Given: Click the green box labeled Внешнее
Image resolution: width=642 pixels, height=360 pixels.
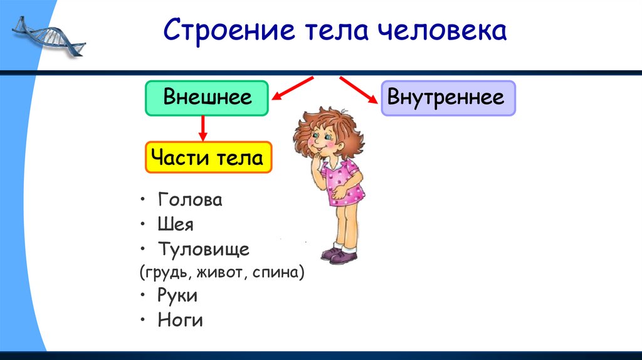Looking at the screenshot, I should (x=207, y=98).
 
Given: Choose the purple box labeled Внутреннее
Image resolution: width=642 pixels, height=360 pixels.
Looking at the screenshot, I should (x=448, y=98).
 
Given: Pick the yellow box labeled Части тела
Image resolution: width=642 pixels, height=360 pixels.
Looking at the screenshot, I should (x=209, y=157).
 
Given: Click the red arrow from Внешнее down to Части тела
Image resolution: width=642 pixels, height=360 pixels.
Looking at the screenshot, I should (x=203, y=129).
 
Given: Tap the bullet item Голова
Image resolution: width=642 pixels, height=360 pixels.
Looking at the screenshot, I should (x=190, y=200).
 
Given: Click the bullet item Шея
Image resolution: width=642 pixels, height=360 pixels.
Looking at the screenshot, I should (x=176, y=225).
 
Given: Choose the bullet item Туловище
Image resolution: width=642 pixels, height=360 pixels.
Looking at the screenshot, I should (x=204, y=249).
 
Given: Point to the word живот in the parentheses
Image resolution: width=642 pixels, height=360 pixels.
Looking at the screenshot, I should (x=218, y=273).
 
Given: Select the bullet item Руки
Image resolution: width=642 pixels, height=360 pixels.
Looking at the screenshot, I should (x=178, y=295).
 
